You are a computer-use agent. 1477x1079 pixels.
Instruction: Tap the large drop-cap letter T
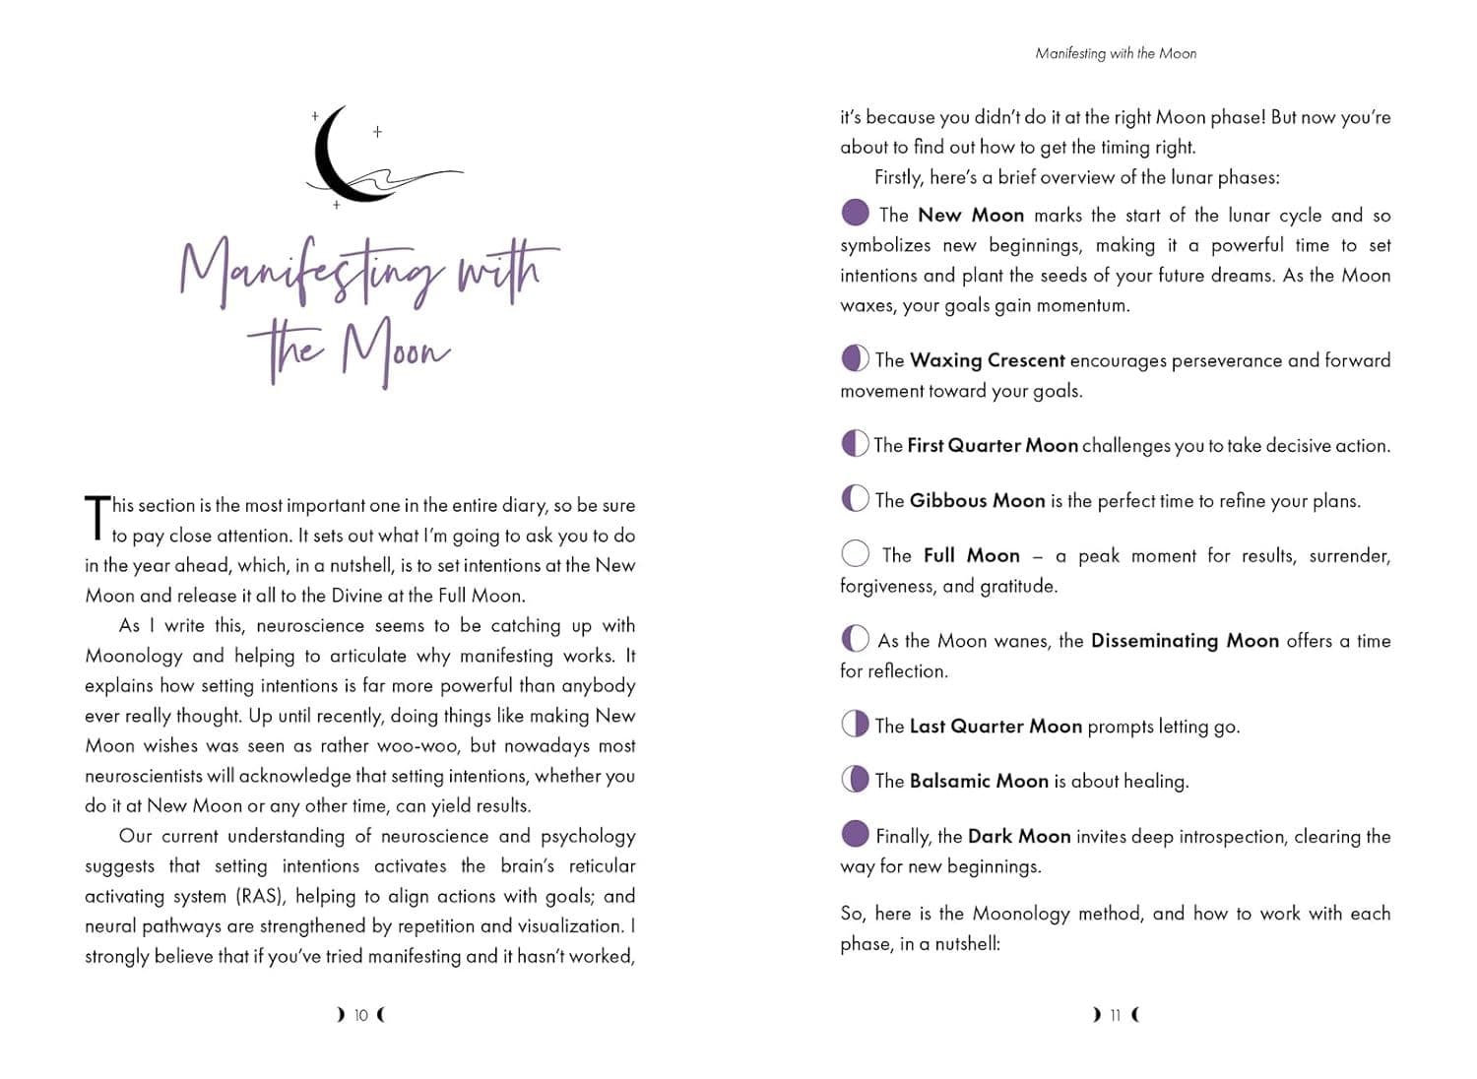point(97,518)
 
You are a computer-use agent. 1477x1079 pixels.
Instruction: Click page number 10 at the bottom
point(361,1015)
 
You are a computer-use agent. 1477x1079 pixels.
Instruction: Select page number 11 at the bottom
point(1116,1015)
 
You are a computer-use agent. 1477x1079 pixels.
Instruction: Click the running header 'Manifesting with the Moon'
point(1116,53)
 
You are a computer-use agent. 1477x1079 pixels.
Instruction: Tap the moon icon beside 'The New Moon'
point(856,213)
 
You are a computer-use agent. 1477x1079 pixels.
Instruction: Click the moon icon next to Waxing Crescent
point(856,358)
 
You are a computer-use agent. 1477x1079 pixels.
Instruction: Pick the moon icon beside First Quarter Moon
point(856,444)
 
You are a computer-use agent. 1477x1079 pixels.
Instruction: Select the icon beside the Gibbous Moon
point(856,499)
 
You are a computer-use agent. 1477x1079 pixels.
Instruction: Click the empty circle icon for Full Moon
point(856,553)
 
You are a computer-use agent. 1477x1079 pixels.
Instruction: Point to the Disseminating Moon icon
point(856,639)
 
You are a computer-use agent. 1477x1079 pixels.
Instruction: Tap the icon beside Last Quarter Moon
point(856,725)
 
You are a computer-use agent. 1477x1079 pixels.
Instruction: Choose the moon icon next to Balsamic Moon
point(856,780)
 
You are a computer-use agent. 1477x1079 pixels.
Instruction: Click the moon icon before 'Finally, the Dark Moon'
point(856,834)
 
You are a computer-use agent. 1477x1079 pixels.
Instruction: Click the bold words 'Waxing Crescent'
point(987,360)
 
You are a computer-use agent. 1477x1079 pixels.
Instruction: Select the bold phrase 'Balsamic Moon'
point(979,782)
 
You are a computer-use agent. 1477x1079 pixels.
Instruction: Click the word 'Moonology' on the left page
point(134,657)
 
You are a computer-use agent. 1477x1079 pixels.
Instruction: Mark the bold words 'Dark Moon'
point(1019,837)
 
